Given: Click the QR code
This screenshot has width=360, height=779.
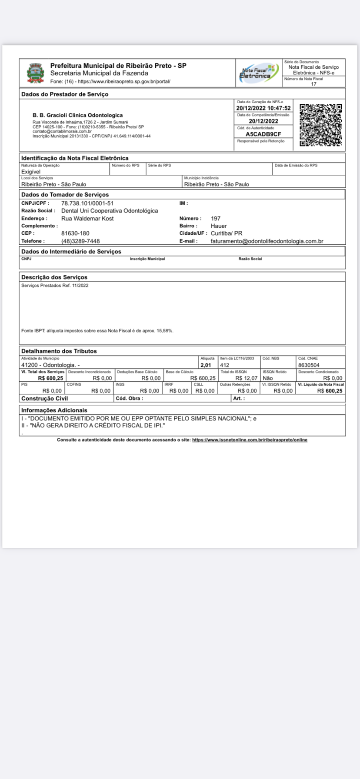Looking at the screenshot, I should click(x=321, y=125).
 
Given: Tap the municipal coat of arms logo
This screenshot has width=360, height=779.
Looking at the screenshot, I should click(x=36, y=73).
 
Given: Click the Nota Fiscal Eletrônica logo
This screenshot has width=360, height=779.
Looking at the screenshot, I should click(x=259, y=73).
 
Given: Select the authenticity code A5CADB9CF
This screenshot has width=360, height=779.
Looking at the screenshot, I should click(x=263, y=134).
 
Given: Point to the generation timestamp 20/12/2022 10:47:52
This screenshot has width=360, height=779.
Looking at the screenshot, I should click(x=263, y=108).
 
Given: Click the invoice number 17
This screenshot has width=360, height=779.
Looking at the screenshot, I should click(x=314, y=84).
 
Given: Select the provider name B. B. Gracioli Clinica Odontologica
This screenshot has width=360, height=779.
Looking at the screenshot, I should click(x=77, y=115).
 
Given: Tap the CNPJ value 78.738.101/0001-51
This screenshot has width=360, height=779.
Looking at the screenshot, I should click(x=87, y=203).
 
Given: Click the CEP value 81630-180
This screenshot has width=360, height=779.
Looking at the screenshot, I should click(x=75, y=233).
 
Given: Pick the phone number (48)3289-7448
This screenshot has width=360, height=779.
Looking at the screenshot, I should click(x=80, y=241).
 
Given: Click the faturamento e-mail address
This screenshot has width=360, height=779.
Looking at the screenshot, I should click(x=267, y=241).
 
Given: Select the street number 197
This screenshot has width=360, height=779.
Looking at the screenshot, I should click(x=216, y=219).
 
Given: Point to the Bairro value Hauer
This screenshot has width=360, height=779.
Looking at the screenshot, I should click(x=219, y=226).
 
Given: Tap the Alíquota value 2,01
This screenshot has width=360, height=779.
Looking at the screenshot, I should click(x=206, y=365).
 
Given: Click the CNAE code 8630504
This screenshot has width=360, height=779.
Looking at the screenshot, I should click(x=309, y=365).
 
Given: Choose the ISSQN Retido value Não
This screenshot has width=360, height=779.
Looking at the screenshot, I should click(x=268, y=378).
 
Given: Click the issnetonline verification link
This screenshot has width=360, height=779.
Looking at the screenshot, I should click(x=250, y=440).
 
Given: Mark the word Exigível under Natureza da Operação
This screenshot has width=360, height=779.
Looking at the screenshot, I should click(x=31, y=172).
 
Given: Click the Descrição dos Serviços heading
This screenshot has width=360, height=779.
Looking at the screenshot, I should click(x=54, y=277).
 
